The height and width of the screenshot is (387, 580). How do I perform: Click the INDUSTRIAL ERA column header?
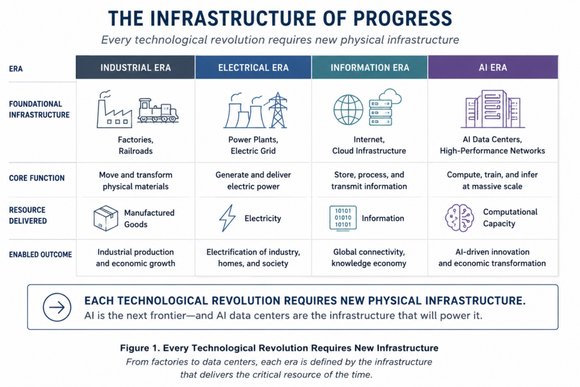135,67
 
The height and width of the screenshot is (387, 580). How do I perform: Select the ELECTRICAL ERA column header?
253,67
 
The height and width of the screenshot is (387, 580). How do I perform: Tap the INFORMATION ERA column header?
369,67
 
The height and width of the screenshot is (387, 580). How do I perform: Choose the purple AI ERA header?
493,67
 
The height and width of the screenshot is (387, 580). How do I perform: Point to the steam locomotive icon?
158,110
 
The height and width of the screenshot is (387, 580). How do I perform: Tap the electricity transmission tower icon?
278,110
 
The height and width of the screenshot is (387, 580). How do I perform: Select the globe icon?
348,110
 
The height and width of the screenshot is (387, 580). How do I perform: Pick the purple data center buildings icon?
493,109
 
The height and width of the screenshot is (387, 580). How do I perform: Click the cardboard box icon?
106,218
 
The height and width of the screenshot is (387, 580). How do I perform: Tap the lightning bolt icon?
228,218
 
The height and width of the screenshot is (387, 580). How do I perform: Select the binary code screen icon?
343,218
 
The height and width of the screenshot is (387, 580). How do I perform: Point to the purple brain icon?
459,218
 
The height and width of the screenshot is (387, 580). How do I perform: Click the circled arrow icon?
57,307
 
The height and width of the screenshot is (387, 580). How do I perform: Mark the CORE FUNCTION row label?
37,178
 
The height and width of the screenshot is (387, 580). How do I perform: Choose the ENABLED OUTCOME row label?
40,254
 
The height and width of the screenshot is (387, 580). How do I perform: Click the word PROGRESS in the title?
403,19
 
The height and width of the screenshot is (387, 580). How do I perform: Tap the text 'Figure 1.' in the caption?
140,348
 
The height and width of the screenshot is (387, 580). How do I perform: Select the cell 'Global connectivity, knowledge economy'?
369,257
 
